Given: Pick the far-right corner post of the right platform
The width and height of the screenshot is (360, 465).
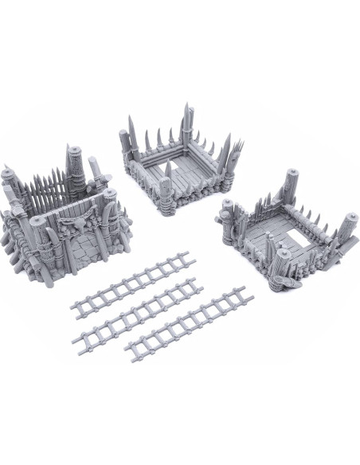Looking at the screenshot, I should [349, 227].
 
